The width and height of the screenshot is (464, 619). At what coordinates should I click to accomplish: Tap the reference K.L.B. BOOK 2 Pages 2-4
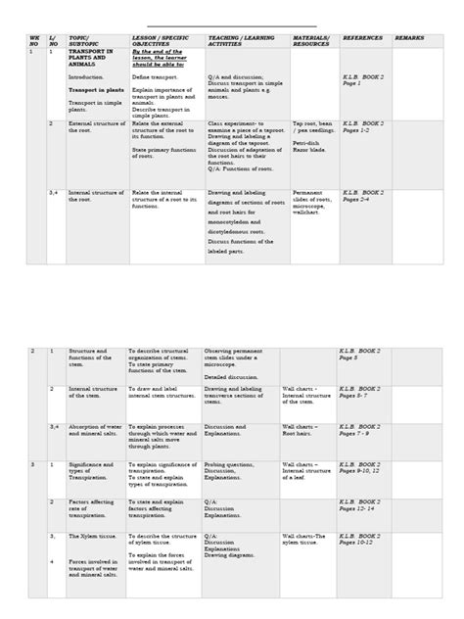363,196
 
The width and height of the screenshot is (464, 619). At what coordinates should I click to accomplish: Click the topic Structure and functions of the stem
89,356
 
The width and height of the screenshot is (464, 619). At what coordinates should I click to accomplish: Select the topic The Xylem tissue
90,538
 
